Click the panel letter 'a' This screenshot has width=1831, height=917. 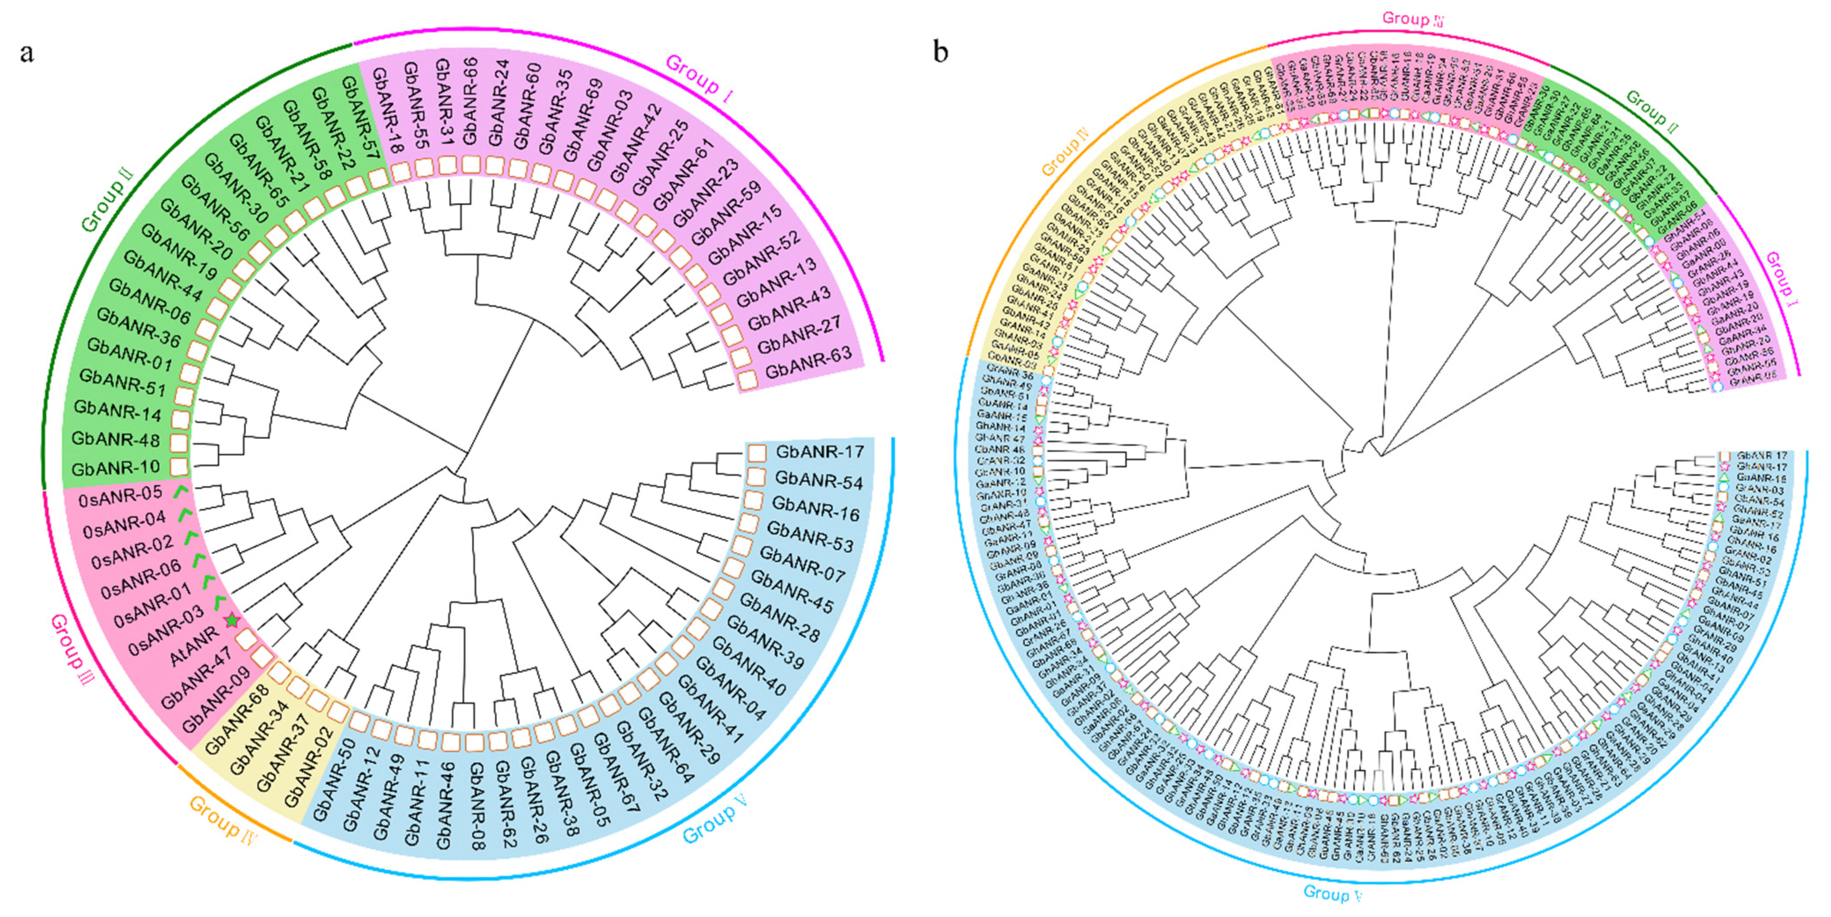[27, 53]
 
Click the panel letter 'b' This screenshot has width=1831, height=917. [941, 52]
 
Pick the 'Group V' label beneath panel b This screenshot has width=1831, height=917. [1333, 893]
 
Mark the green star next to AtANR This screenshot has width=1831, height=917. [232, 620]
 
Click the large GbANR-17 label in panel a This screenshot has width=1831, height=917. [820, 451]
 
